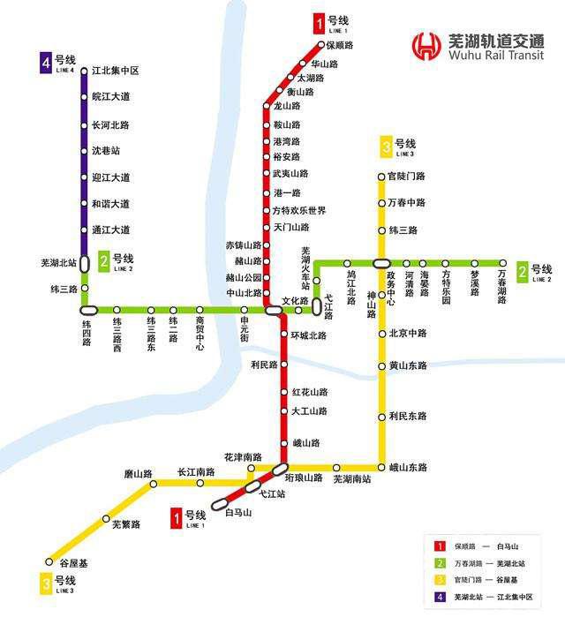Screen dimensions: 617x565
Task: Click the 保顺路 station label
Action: point(340,45)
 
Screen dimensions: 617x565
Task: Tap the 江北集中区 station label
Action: point(117,71)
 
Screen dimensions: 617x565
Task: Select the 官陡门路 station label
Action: point(406,177)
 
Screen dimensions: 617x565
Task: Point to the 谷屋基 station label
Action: point(73,562)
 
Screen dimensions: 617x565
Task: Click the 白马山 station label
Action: point(238,513)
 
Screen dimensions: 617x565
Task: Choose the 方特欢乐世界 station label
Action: point(299,211)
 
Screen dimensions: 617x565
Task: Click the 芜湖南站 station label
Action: point(352,480)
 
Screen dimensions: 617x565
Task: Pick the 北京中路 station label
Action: point(407,334)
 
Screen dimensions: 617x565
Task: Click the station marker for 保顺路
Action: point(321,45)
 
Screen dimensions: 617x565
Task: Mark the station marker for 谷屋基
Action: point(49,561)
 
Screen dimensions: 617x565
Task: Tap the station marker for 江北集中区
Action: point(85,71)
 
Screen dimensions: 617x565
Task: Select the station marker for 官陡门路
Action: point(381,177)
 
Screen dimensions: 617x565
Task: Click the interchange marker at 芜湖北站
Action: point(85,263)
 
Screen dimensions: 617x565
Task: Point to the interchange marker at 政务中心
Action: point(382,263)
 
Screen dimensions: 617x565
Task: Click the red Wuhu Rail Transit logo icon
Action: point(428,45)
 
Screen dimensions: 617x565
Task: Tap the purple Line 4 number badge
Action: point(45,63)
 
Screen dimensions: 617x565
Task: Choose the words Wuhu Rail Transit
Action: point(495,56)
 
